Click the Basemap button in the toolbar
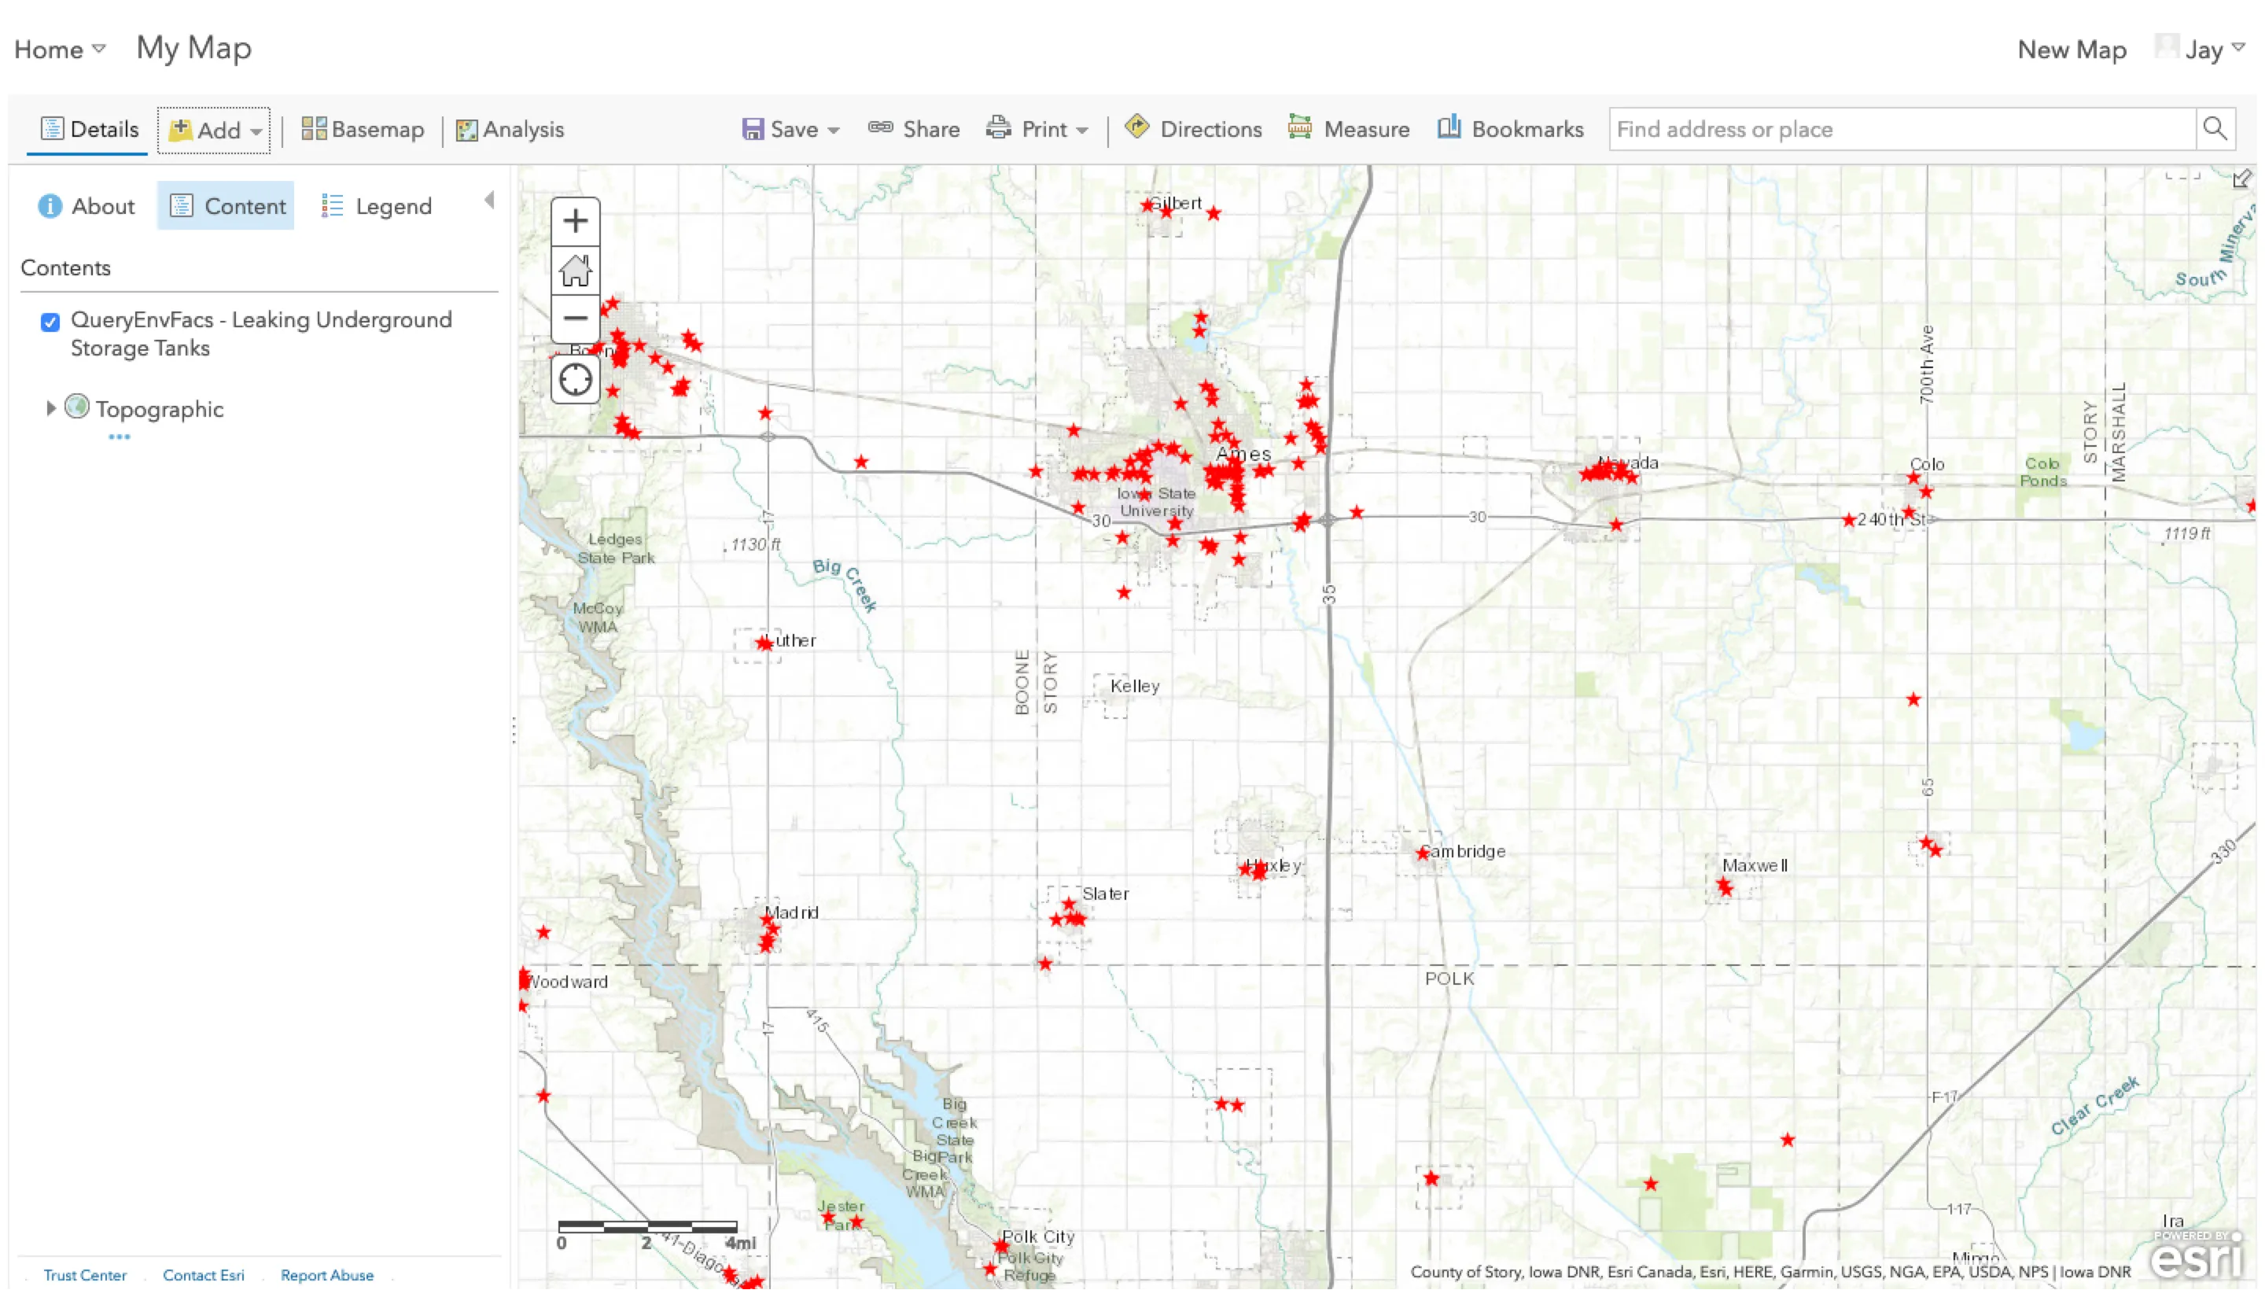[363, 129]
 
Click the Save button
[790, 129]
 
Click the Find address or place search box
[1901, 129]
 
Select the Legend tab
[377, 206]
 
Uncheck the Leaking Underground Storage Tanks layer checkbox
[50, 322]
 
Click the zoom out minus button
[575, 318]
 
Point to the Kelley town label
[1134, 686]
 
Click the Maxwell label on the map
[1754, 864]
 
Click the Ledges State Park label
[616, 548]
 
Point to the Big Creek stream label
[844, 583]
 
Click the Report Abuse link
[327, 1275]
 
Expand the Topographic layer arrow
[50, 407]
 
